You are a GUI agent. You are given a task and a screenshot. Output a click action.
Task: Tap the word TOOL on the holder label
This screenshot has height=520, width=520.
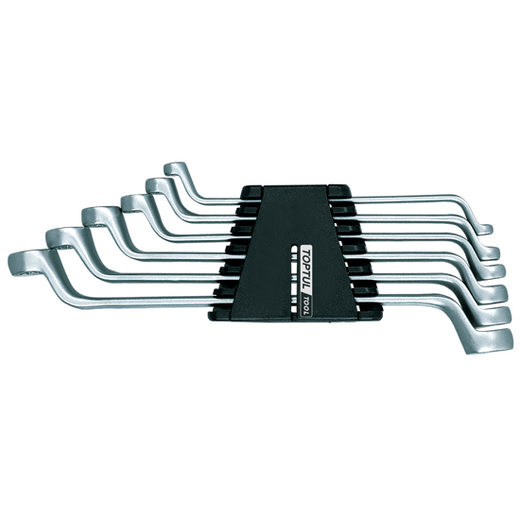tap(305, 305)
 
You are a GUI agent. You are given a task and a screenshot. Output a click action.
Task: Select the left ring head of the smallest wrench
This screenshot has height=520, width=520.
tap(175, 168)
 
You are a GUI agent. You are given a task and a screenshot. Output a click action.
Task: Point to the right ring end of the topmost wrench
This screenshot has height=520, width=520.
tap(485, 230)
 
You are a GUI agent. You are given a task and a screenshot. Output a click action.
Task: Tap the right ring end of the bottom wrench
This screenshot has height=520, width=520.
tap(490, 341)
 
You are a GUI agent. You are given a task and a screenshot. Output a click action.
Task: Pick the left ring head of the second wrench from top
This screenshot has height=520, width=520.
tap(159, 185)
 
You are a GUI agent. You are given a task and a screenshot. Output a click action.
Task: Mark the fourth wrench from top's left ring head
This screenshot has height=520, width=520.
tap(98, 217)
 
